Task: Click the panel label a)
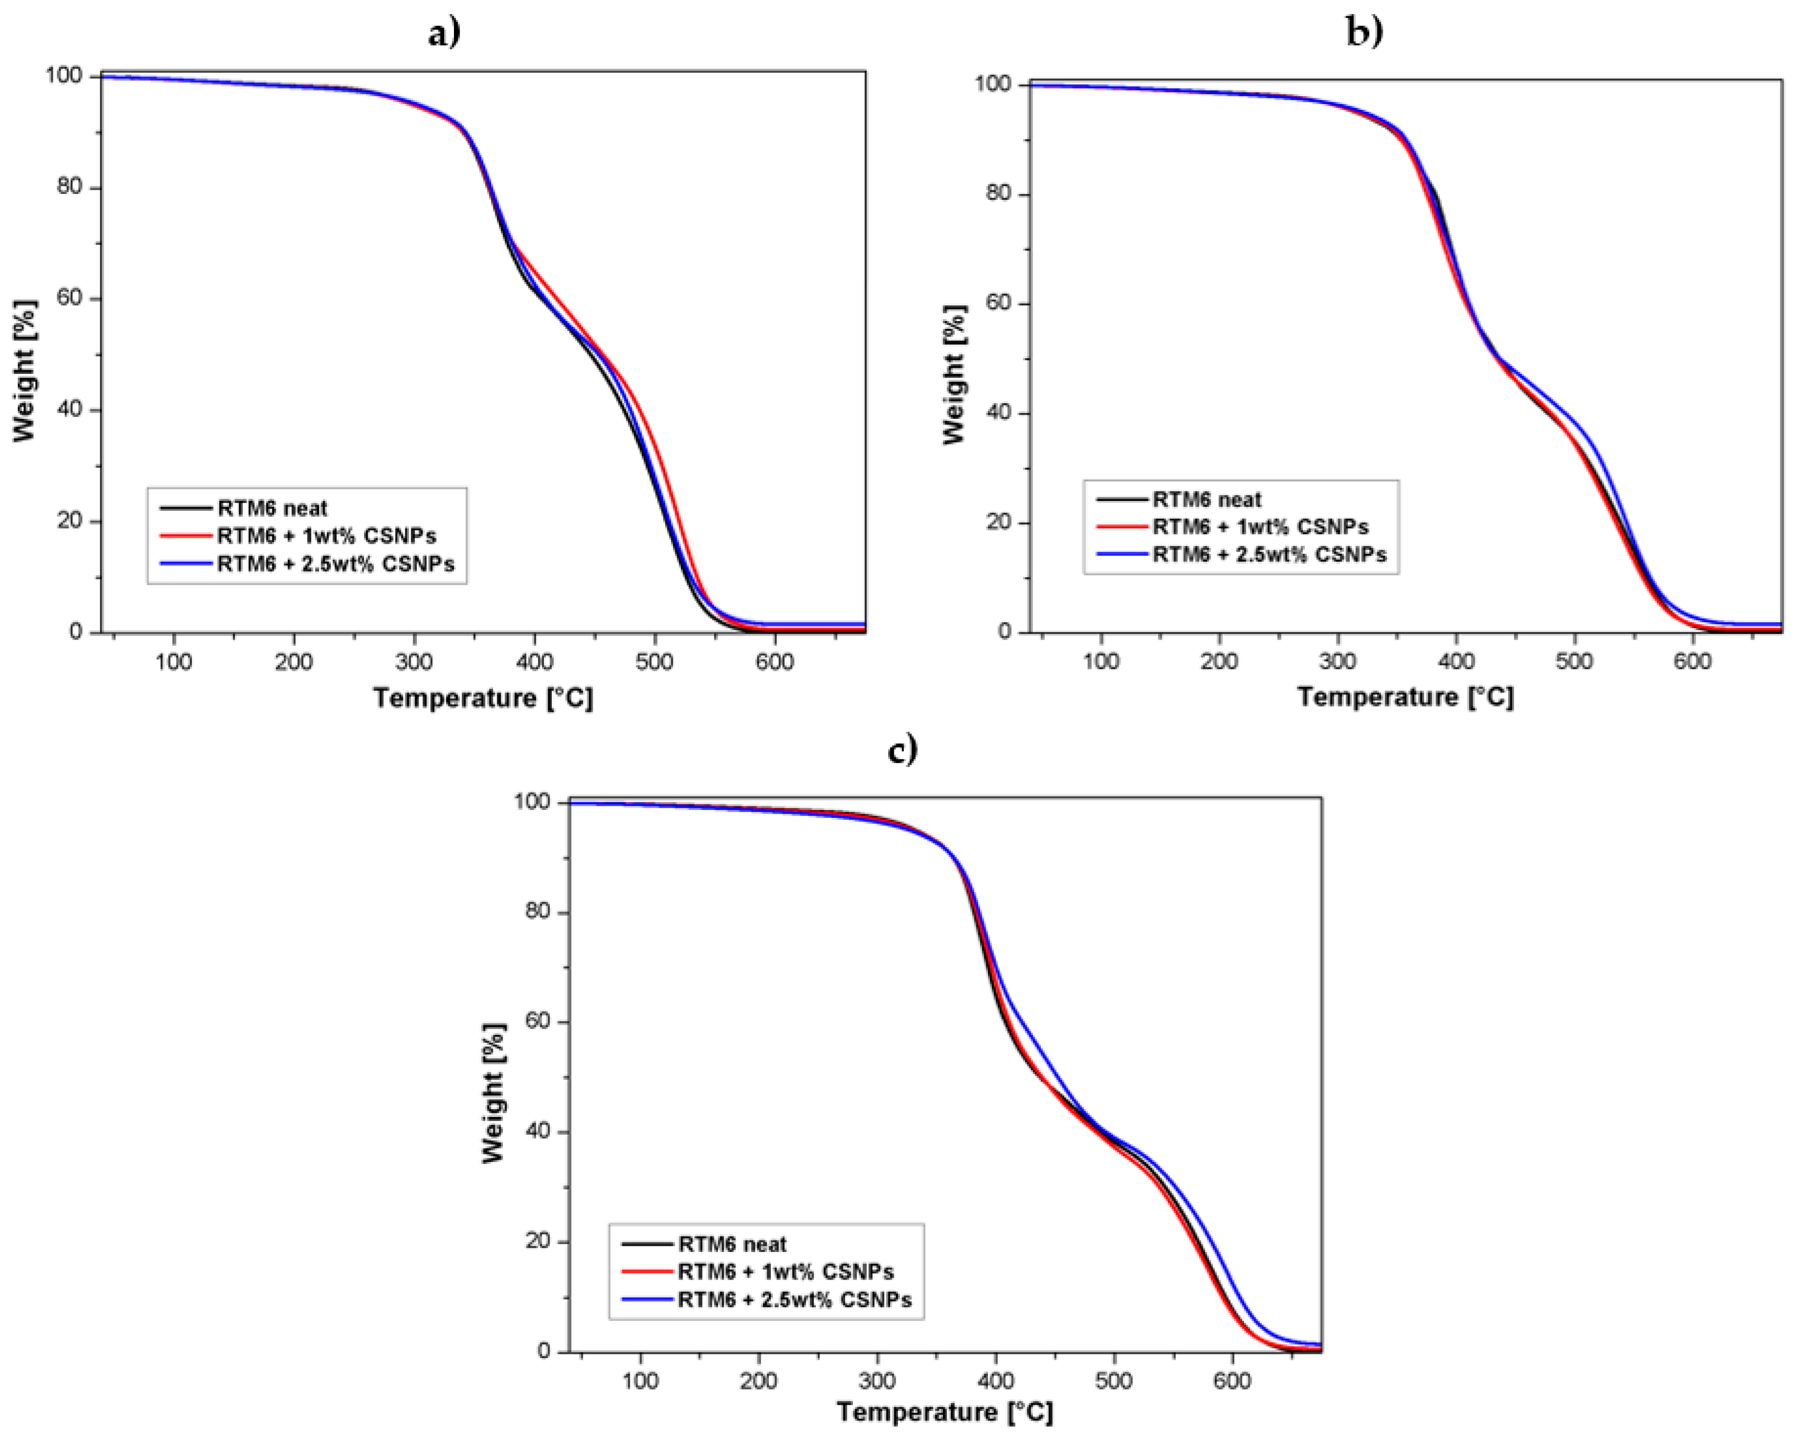click(x=443, y=33)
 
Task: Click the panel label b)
click(x=1364, y=32)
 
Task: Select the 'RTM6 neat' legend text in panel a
click(x=272, y=508)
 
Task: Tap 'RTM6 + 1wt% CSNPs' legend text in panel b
click(x=1260, y=527)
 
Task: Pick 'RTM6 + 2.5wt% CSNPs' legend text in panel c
click(x=794, y=1299)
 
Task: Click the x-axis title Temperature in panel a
click(x=483, y=698)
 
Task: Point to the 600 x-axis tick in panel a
click(x=775, y=663)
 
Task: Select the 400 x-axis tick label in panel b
click(x=1456, y=662)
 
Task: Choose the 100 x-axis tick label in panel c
click(x=640, y=1381)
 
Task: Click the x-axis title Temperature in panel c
click(x=945, y=1412)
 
